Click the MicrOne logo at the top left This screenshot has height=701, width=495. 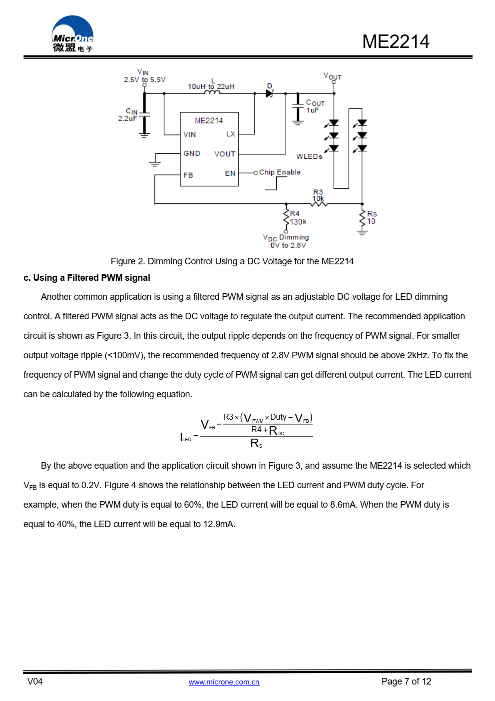72,34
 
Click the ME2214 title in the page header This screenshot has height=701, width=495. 395,41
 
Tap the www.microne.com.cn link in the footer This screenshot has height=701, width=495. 224,682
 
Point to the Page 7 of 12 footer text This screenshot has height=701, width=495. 406,682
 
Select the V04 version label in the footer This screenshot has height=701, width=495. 35,682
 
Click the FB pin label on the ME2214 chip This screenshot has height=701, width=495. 188,175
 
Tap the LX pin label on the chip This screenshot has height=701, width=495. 230,134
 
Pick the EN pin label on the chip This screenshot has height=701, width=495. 230,173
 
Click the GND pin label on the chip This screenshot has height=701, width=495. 192,153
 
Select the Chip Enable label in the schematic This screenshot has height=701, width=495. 280,172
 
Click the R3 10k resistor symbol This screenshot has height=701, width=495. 319,203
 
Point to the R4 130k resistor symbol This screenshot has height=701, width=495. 286,218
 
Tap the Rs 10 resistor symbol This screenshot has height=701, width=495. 362,218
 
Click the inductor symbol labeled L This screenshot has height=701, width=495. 212,92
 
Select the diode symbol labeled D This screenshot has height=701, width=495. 270,93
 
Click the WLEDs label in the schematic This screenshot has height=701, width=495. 309,156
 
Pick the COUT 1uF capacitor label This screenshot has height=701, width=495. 315,106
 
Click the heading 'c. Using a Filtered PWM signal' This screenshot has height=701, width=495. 87,278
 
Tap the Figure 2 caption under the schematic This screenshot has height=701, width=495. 232,261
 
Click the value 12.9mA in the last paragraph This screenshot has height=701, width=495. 218,524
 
